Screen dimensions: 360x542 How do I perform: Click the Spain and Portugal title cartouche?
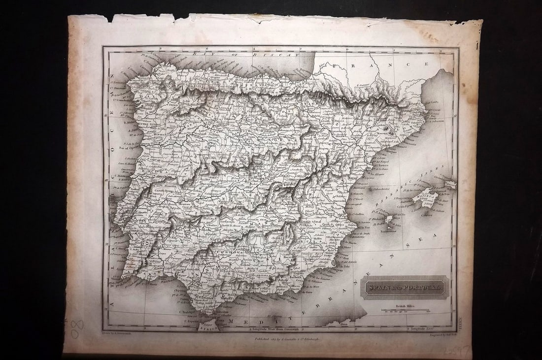click(x=406, y=287)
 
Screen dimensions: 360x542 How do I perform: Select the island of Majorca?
click(x=423, y=198)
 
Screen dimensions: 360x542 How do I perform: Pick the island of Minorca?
click(x=450, y=184)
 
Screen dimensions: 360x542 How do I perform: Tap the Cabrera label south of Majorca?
click(x=421, y=214)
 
